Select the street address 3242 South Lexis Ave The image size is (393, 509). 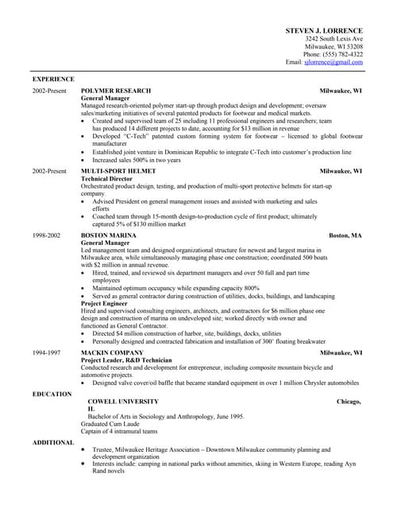click(x=334, y=38)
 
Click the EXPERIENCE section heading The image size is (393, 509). click(x=53, y=80)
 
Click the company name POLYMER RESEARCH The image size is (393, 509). click(x=116, y=91)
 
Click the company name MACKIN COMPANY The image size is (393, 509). click(x=112, y=352)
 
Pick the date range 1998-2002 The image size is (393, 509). click(x=46, y=236)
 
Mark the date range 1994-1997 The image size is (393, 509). click(x=46, y=352)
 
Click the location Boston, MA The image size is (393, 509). click(x=345, y=236)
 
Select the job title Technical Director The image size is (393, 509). click(x=110, y=179)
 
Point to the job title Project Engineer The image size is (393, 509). click(x=107, y=302)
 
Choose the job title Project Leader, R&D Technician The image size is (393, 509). click(x=126, y=359)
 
